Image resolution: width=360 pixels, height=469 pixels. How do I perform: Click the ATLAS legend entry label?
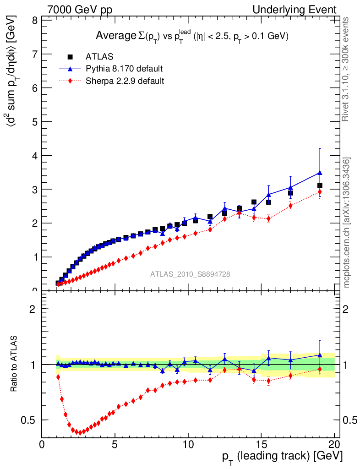pos(99,57)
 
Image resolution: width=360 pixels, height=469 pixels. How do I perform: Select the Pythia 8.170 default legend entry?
pos(124,69)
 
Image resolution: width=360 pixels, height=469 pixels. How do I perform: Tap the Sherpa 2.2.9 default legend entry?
pos(125,82)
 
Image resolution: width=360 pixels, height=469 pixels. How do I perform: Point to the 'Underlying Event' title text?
pos(295,10)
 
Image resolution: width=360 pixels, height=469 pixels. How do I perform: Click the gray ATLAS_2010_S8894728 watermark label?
pos(190,274)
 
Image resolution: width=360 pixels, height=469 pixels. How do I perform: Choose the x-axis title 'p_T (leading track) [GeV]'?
pos(282,457)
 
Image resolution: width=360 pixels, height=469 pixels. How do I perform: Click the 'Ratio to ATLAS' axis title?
pos(14,364)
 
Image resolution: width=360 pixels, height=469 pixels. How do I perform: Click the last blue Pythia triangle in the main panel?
pos(320,173)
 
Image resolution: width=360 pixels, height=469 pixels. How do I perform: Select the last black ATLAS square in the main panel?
pos(320,185)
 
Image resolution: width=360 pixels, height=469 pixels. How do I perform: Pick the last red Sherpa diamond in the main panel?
pos(320,192)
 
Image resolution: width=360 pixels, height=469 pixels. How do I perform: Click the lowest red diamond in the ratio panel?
pos(80,433)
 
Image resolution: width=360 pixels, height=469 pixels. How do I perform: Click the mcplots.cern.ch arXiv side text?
pos(347,223)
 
